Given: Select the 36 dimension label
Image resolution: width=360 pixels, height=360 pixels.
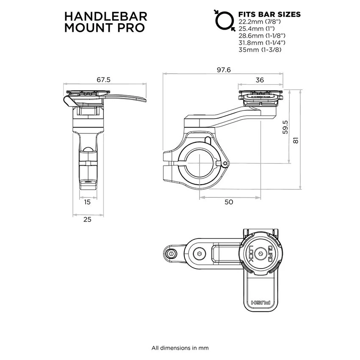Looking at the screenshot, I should coord(260,80).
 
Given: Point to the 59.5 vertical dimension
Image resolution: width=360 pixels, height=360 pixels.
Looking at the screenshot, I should coord(285,127).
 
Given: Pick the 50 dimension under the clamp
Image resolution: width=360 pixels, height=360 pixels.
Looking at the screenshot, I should coord(228,202).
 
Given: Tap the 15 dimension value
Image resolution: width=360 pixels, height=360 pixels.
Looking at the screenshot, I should coord(87,202).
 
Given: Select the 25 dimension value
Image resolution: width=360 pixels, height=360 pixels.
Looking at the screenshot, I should coord(87,219).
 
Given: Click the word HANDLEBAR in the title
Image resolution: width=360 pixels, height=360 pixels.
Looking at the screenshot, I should coord(106,16).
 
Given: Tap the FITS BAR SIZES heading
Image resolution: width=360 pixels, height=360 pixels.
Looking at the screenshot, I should coord(269,14).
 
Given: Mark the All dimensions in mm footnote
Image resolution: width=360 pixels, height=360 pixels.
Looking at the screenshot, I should coord(180,348).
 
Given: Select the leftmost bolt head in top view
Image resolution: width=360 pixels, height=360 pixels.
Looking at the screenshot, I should coord(171,253).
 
